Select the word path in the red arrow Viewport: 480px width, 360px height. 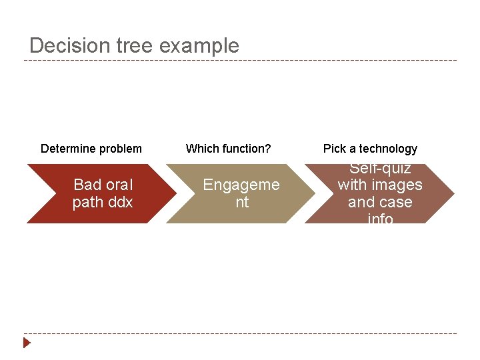[87, 202]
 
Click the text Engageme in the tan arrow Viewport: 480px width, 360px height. [241, 185]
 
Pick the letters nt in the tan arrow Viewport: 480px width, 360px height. [241, 202]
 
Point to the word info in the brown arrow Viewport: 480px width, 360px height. [380, 218]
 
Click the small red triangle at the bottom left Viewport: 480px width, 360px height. [27, 343]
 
